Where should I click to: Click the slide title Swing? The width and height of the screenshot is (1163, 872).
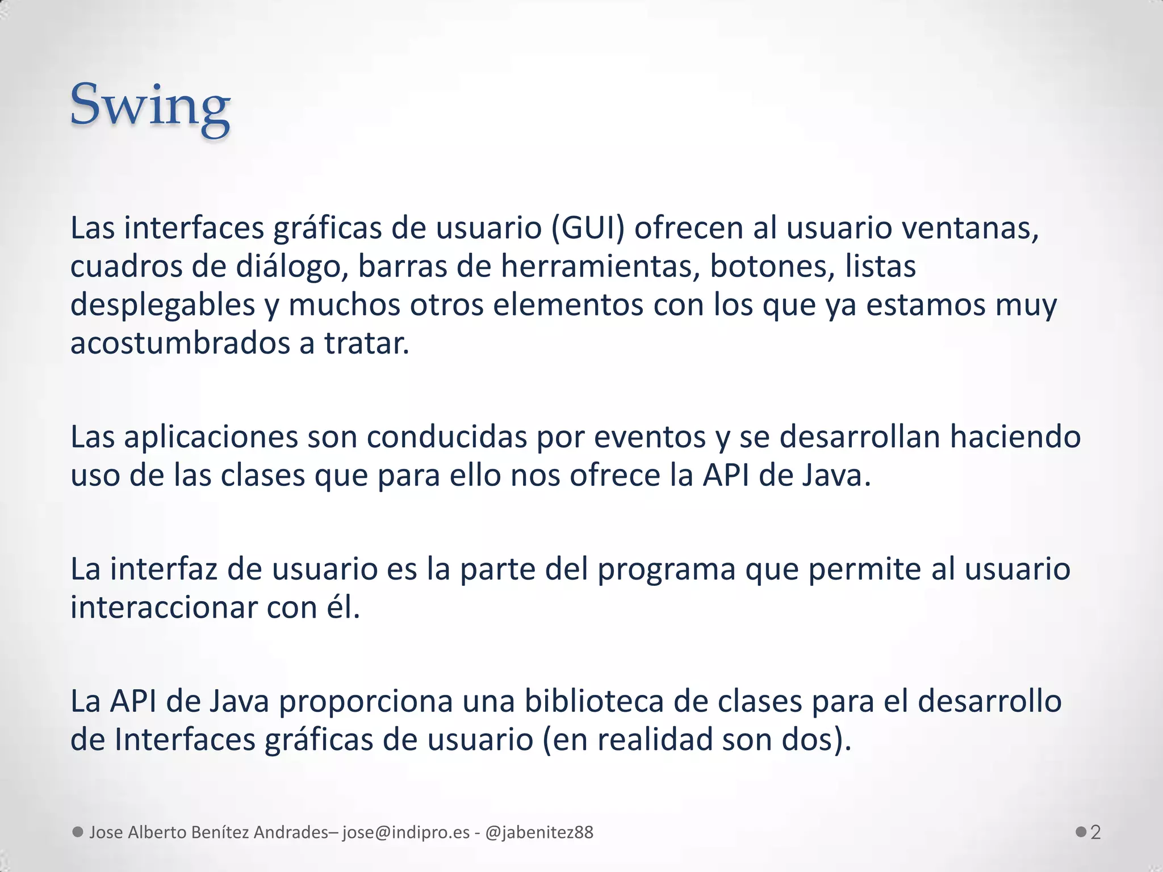[x=150, y=106]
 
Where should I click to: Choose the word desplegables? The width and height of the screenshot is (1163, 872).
[x=162, y=305]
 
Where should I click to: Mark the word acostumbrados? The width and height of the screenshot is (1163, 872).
[x=180, y=343]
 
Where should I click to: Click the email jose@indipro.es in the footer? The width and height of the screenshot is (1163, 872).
[x=406, y=832]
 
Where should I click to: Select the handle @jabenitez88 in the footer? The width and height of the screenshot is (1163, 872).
[x=539, y=832]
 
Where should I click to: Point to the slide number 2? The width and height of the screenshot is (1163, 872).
[x=1095, y=832]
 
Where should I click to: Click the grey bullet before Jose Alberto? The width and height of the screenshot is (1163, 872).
[x=78, y=832]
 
